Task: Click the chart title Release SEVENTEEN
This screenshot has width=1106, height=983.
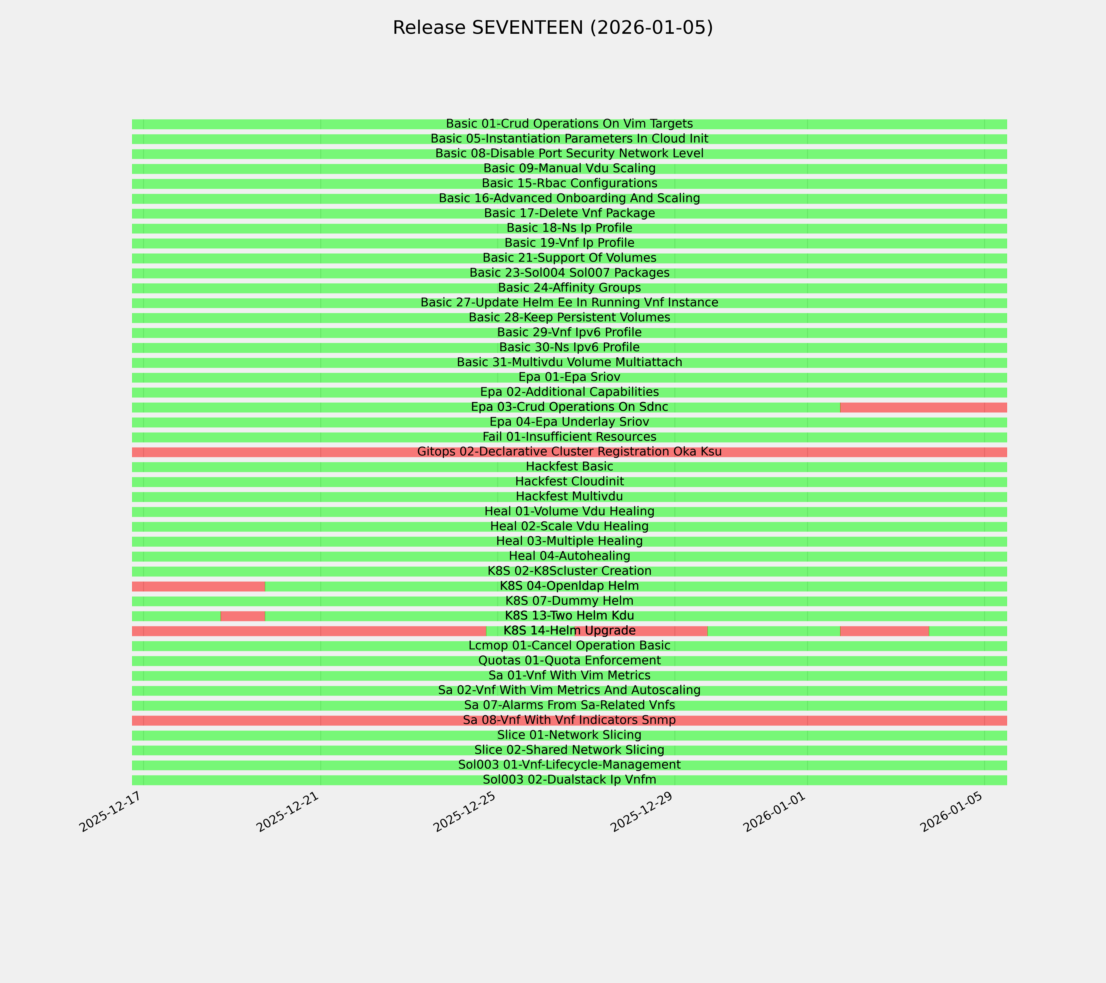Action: click(x=552, y=28)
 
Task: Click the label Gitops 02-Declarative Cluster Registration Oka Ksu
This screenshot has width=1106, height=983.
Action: click(x=569, y=452)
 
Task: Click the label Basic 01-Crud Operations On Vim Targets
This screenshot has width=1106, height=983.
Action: click(x=569, y=124)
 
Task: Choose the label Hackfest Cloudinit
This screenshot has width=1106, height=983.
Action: click(x=569, y=481)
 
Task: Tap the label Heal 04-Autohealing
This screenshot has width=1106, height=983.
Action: click(x=569, y=556)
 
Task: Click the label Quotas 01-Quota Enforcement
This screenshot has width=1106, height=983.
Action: click(x=569, y=661)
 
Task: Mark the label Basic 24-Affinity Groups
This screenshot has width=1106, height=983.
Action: click(x=569, y=288)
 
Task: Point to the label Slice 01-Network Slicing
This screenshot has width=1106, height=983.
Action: click(x=569, y=735)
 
